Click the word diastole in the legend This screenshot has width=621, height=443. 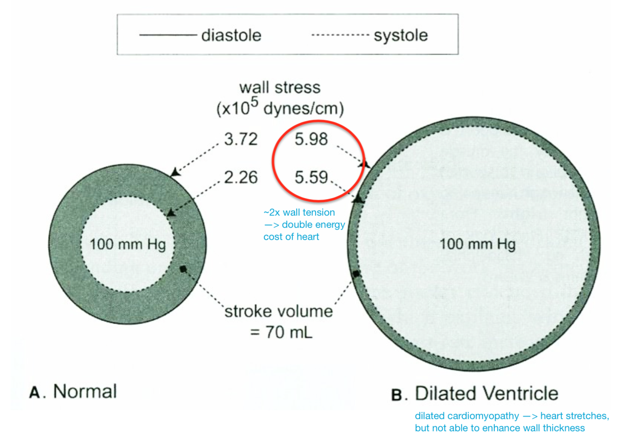(x=231, y=35)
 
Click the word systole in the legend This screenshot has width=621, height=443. (x=400, y=35)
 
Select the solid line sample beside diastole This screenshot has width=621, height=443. (x=168, y=35)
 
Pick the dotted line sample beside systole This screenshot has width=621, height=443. (x=339, y=35)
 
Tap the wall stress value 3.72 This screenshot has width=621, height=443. (x=241, y=139)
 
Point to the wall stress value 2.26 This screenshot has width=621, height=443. (x=241, y=177)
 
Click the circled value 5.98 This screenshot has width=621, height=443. (x=311, y=139)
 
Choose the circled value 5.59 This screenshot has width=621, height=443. (x=311, y=177)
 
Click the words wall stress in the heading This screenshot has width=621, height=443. (x=280, y=87)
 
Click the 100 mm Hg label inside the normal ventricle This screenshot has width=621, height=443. (x=128, y=244)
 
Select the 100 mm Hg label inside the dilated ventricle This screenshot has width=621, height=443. (x=478, y=244)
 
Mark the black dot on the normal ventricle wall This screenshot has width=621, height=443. (x=183, y=269)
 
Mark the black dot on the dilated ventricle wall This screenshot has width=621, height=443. (x=357, y=274)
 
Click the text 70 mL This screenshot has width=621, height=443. (x=289, y=332)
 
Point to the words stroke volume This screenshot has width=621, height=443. (x=279, y=311)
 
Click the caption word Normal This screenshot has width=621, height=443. (x=85, y=391)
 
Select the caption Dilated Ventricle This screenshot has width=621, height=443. (x=486, y=394)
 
